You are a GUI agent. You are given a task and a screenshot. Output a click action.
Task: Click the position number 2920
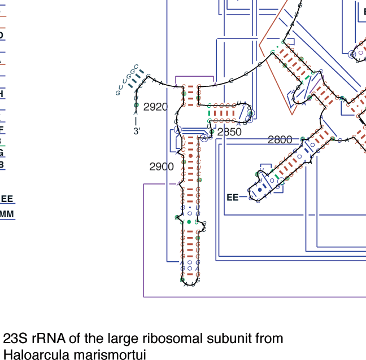pos(155,107)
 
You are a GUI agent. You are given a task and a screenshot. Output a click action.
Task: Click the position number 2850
pos(229,132)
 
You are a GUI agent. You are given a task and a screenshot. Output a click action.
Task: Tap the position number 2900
pos(162,166)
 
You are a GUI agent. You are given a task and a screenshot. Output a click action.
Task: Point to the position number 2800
pos(280,140)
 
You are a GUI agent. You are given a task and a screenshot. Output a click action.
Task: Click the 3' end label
pos(136,131)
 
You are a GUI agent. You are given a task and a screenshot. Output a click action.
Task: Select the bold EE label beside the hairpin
pos(232,197)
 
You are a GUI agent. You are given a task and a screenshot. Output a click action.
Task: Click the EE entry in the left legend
pos(7,199)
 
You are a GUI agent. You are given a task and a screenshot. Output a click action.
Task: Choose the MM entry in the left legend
pos(7,214)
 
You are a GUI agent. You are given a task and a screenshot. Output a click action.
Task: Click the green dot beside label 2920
pos(136,105)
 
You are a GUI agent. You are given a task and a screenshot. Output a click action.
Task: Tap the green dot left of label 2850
pos(212,131)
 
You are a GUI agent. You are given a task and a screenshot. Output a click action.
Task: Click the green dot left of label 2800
pos(303,139)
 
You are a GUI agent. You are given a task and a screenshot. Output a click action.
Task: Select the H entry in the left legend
pos(2,94)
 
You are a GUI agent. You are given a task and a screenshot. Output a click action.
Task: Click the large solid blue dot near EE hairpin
pos(260,190)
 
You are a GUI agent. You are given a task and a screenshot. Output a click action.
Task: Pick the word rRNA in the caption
pos(47,339)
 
